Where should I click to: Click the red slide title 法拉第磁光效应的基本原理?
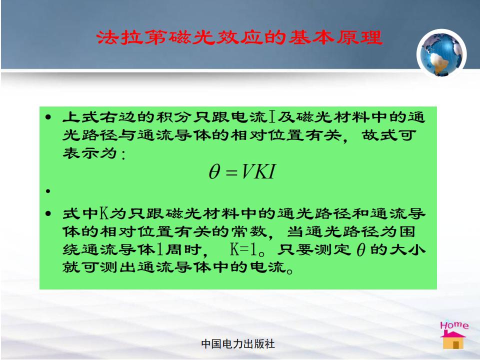(239, 37)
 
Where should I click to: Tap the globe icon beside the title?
(441, 54)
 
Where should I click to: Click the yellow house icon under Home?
(453, 340)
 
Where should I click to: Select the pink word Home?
(454, 325)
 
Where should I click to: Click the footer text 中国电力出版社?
(238, 344)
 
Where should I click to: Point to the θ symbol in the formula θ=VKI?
(214, 171)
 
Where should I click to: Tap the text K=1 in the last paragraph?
(243, 249)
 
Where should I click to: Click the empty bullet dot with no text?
(48, 191)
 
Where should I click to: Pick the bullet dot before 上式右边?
(48, 117)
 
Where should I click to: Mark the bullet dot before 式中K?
(48, 213)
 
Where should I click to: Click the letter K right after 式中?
(104, 213)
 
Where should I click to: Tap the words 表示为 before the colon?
(89, 153)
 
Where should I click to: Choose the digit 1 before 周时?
(159, 249)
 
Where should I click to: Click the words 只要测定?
(313, 249)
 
